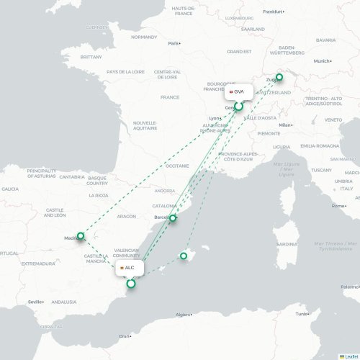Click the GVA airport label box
tap(238, 91)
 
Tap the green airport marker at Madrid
tap(81, 235)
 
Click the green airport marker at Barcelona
tap(173, 217)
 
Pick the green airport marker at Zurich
tap(279, 77)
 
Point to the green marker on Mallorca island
tap(184, 256)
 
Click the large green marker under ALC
tap(130, 284)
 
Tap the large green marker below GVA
tap(238, 107)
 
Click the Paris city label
tap(174, 43)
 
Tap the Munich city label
tap(321, 61)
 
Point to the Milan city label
tap(285, 125)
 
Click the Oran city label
tap(125, 336)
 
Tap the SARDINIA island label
tap(287, 243)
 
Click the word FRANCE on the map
tap(170, 97)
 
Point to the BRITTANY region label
tap(91, 56)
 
